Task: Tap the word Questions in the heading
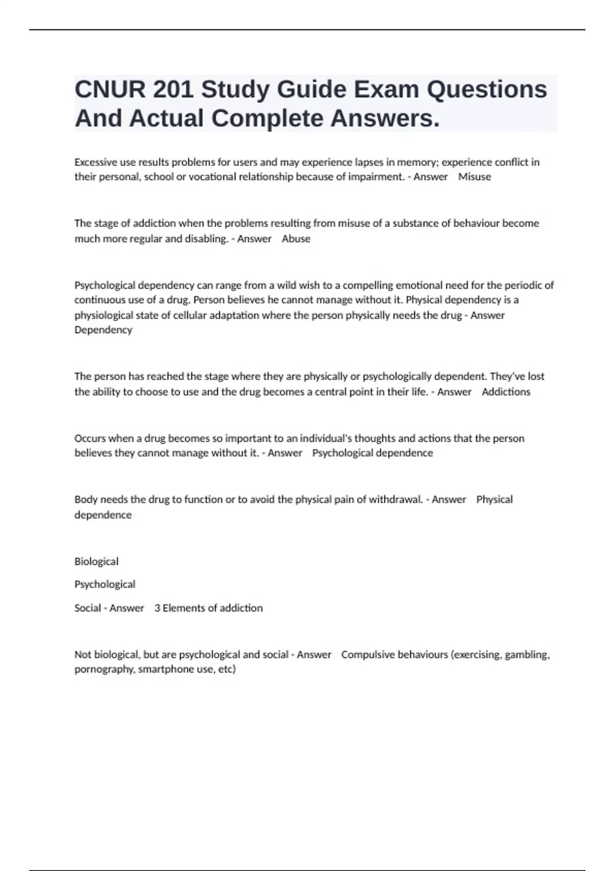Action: click(x=487, y=90)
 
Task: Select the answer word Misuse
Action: click(x=474, y=177)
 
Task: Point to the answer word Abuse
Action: click(x=296, y=238)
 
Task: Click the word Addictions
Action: click(x=506, y=391)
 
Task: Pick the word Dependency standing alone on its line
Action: click(x=103, y=330)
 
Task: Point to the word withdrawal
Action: click(x=395, y=499)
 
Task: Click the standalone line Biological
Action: click(x=96, y=561)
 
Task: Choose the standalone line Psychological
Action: click(x=105, y=584)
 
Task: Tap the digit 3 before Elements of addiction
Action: click(x=157, y=608)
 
